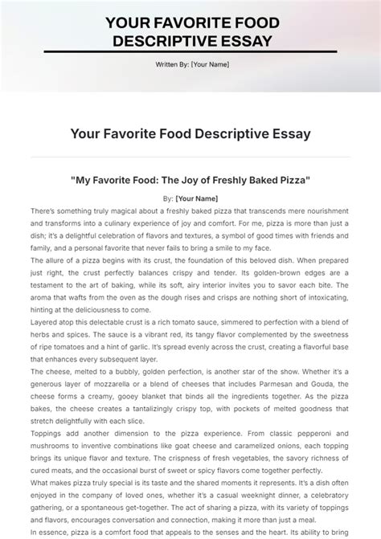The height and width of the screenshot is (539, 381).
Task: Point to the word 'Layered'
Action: click(x=45, y=322)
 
